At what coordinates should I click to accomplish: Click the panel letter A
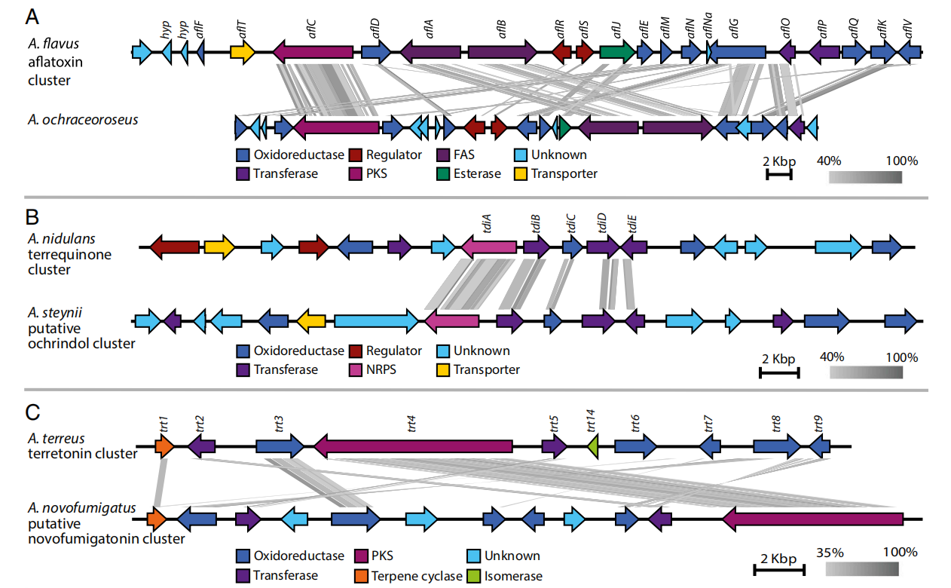click(34, 16)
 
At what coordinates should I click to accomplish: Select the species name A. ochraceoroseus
click(83, 119)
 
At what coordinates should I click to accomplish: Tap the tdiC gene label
click(570, 224)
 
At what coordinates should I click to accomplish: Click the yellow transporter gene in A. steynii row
click(310, 321)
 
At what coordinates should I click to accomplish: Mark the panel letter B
click(33, 217)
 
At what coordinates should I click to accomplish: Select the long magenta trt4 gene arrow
click(422, 446)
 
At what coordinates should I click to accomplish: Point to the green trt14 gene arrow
click(593, 446)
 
